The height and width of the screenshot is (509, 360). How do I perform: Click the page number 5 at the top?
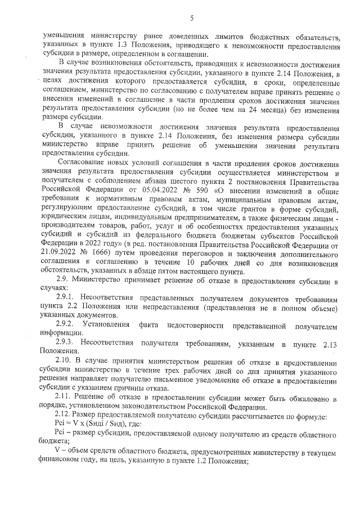pos(192,17)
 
